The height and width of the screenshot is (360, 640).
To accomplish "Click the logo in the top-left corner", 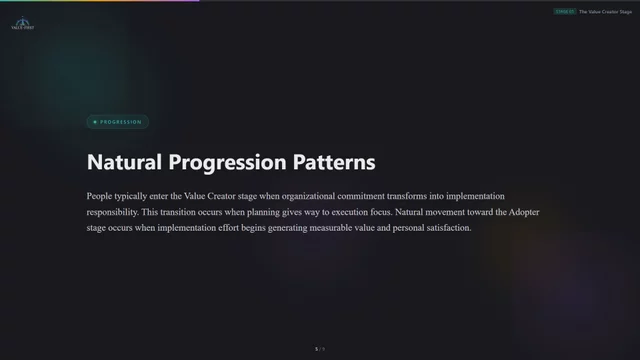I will point(21,22).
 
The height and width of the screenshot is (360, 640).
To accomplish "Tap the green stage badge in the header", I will point(564,11).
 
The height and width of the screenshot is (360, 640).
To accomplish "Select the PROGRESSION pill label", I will point(118,122).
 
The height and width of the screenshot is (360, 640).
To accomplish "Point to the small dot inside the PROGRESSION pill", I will point(95,122).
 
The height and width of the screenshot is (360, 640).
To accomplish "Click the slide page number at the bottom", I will point(319,349).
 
